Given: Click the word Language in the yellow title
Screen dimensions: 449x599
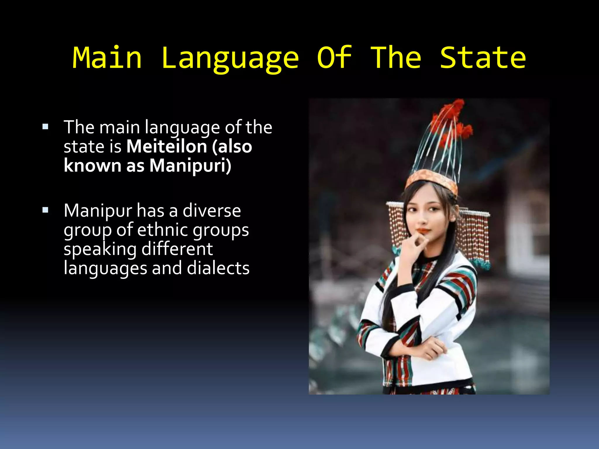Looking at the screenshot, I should pyautogui.click(x=230, y=58).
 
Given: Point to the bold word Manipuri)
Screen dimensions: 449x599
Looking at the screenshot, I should pyautogui.click(x=190, y=165).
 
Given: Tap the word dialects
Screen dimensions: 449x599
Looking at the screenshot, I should pyautogui.click(x=218, y=268).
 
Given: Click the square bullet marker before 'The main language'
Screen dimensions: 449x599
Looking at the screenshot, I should pyautogui.click(x=45, y=127).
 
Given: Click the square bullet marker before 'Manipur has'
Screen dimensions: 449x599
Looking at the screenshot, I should pyautogui.click(x=45, y=210).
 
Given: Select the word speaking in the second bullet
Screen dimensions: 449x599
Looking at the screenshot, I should pyautogui.click(x=100, y=249).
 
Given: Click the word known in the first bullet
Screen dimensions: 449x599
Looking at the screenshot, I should pyautogui.click(x=92, y=165).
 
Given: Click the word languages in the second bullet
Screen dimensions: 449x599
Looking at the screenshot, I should pyautogui.click(x=105, y=269).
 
